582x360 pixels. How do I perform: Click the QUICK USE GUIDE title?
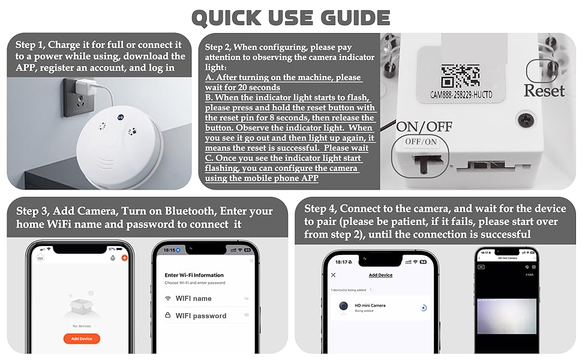(290, 17)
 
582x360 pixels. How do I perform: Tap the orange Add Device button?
(82, 338)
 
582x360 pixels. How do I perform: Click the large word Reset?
(544, 91)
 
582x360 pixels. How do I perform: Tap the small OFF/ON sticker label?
(422, 142)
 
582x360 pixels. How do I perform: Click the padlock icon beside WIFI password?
(168, 316)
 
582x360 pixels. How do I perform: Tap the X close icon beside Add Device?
(334, 275)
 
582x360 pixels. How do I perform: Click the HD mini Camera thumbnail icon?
(344, 307)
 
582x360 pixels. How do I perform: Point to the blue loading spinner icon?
(424, 308)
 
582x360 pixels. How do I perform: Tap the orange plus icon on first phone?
(125, 257)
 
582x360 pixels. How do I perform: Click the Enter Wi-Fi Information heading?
(194, 275)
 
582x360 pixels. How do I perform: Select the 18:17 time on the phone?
(339, 262)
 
